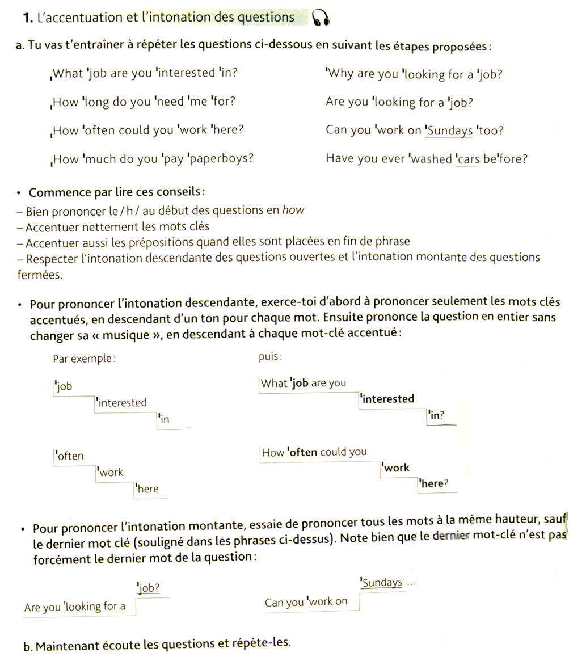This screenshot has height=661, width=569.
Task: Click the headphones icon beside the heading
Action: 321,19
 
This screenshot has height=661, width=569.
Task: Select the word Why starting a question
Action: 340,74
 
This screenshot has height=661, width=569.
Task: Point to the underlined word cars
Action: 468,159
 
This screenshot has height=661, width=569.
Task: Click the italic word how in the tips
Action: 293,210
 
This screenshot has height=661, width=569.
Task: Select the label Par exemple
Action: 84,359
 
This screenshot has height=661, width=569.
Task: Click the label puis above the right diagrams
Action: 269,357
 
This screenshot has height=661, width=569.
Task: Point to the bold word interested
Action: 388,399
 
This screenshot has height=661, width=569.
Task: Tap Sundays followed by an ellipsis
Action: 382,582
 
